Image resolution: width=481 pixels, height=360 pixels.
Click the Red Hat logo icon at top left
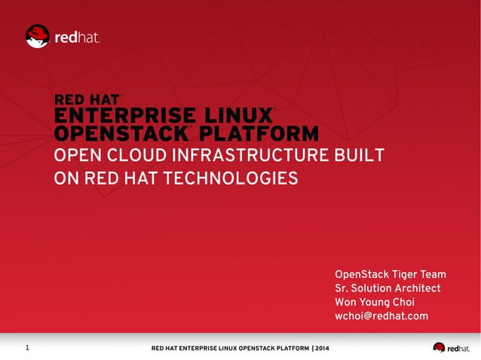(x=37, y=36)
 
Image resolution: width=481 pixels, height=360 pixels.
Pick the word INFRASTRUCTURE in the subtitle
(x=247, y=157)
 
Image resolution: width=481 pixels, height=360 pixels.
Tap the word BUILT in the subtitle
(x=358, y=157)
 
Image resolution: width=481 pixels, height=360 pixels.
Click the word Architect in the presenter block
(x=415, y=288)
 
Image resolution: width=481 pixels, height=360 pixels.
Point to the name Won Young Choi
(x=375, y=303)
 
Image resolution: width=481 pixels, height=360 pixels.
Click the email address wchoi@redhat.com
(x=381, y=316)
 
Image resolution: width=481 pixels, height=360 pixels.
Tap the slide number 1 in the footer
(x=27, y=348)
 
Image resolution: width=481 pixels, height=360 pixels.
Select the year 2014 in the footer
(x=322, y=349)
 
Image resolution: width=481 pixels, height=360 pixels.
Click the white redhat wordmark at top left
(x=77, y=37)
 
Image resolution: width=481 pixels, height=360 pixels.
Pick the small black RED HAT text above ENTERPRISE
(x=87, y=99)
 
